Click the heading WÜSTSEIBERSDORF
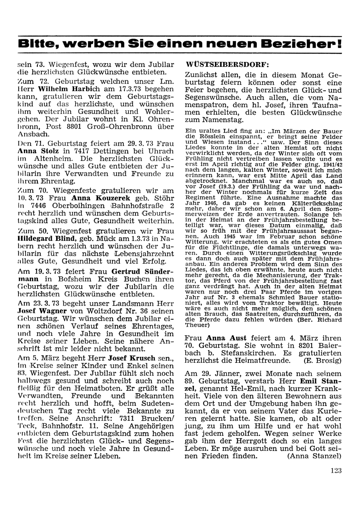click(x=227, y=65)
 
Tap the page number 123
click(x=335, y=470)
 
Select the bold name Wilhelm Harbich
click(x=64, y=89)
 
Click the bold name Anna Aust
click(x=226, y=338)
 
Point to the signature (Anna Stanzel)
click(x=314, y=456)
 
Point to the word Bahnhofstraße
click(x=139, y=206)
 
